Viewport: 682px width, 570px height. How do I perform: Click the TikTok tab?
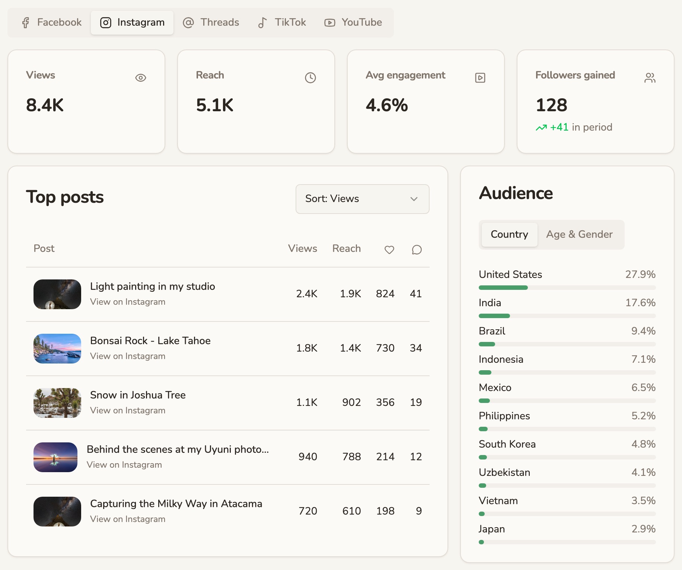click(282, 23)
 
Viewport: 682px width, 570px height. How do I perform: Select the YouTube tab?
click(353, 23)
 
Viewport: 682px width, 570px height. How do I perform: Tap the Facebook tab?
click(51, 23)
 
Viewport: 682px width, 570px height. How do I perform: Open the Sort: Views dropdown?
click(362, 199)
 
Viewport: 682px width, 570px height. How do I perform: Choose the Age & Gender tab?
click(579, 234)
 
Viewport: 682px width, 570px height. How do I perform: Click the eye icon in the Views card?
click(141, 78)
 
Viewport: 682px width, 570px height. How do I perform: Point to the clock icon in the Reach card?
click(310, 78)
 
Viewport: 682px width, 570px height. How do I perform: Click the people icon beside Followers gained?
click(650, 78)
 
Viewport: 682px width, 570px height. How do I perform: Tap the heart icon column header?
click(389, 250)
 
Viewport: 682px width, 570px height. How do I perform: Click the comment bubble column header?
click(417, 250)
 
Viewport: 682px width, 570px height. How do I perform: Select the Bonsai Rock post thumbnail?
click(57, 349)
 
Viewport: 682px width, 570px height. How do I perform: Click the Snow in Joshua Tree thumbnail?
click(57, 403)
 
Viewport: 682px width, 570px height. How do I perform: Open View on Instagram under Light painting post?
click(128, 302)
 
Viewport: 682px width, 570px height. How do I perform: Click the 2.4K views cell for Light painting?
click(307, 294)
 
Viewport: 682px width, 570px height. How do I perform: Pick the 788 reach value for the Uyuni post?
click(351, 457)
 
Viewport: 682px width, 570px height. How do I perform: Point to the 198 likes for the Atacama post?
click(385, 511)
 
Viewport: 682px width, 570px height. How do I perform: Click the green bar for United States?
click(503, 288)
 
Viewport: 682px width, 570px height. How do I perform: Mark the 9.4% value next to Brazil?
click(643, 331)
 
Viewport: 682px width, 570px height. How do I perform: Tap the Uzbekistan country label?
click(504, 473)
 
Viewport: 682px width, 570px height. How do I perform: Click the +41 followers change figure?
click(559, 127)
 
